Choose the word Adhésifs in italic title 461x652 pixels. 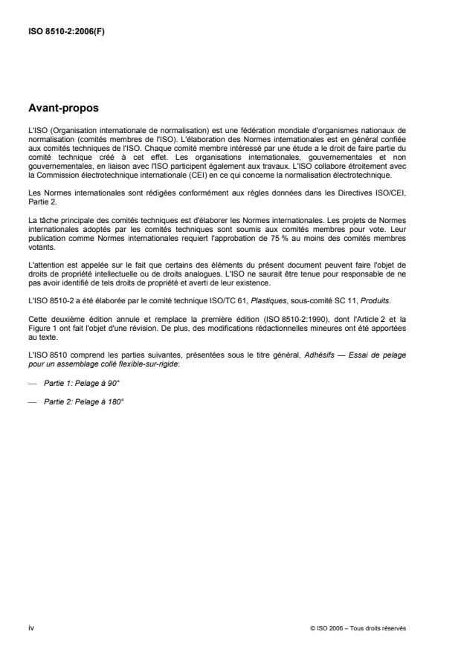click(x=319, y=356)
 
